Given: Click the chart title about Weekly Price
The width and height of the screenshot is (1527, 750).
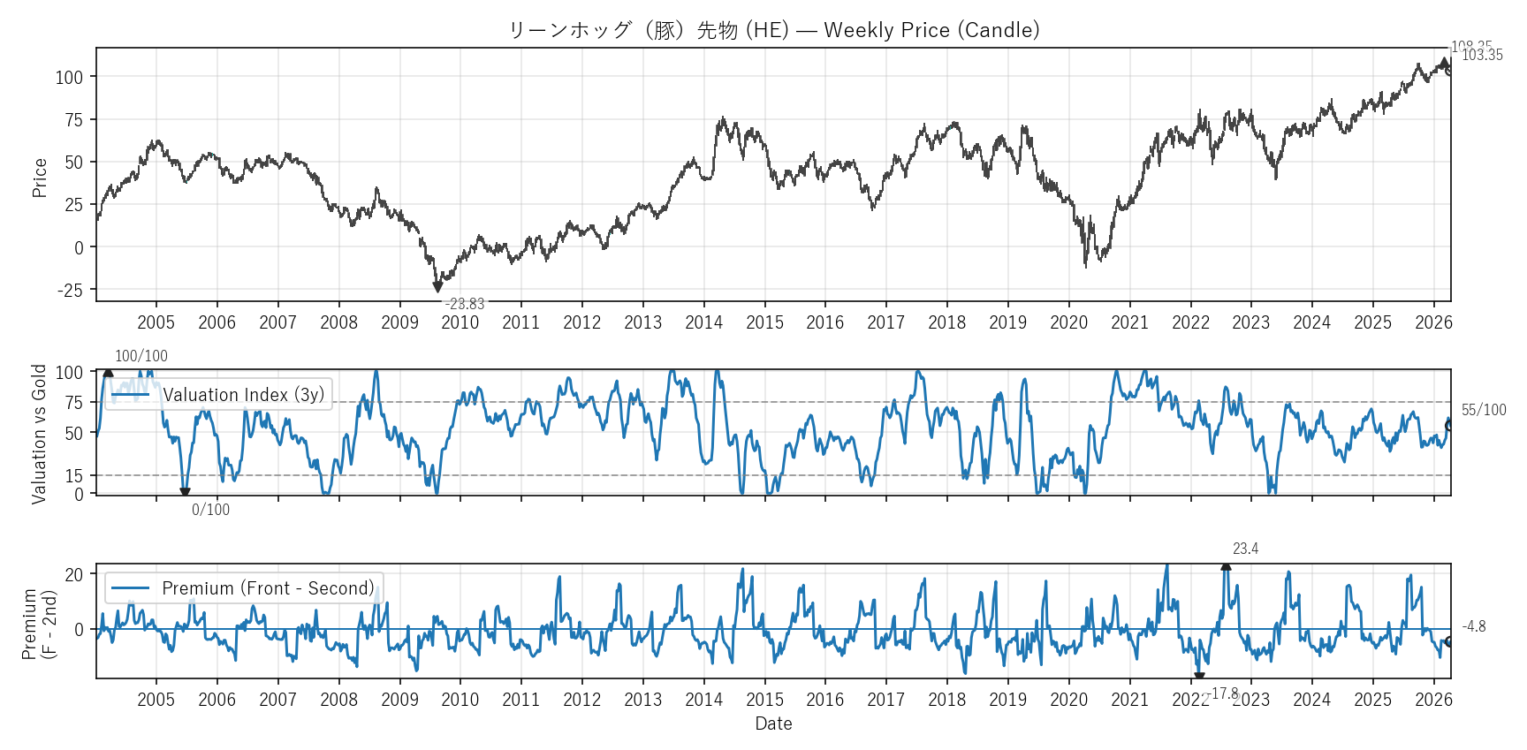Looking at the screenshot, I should [773, 30].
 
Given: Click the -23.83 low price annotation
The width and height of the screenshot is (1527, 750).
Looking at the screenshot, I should [464, 304].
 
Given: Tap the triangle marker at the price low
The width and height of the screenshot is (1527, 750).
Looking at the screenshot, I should [437, 287].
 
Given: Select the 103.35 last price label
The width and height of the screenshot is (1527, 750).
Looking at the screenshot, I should [1482, 55].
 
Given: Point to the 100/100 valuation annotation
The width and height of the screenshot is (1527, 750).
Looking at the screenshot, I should [141, 356].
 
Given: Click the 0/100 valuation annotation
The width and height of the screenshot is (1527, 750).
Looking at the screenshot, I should [210, 510].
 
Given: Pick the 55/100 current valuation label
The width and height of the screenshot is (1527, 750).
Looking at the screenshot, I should [1484, 410].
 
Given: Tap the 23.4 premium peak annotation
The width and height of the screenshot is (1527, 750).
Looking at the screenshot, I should [1245, 549].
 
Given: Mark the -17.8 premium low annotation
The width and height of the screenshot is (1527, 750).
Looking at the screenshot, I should [1224, 693].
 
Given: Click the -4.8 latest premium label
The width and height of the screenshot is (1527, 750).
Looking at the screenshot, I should [1474, 626].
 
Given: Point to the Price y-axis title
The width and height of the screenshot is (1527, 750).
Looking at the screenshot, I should [40, 178].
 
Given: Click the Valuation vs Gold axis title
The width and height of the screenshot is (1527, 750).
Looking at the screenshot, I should [39, 434].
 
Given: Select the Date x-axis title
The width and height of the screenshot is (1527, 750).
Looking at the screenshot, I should [773, 723].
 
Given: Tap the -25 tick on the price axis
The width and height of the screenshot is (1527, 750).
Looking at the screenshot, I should [70, 291].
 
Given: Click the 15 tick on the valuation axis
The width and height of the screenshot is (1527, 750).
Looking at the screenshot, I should [74, 476].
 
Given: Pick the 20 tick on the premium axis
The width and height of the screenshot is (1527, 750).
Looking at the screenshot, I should [74, 574].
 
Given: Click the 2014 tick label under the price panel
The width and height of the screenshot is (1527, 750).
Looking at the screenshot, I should [703, 322].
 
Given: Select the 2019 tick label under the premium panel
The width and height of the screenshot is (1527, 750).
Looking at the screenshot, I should [1007, 700].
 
